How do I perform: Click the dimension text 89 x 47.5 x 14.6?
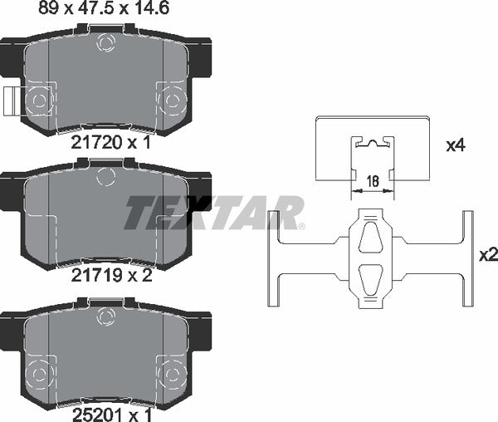click(x=104, y=8)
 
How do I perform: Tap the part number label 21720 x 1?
click(x=110, y=143)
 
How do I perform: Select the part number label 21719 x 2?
click(x=111, y=276)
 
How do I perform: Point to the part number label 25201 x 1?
click(x=112, y=415)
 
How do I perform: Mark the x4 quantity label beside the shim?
click(x=456, y=146)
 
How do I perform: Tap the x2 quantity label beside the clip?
click(x=489, y=255)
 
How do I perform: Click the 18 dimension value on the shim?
click(x=373, y=181)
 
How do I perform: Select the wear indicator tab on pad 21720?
click(x=12, y=101)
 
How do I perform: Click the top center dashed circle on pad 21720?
click(x=105, y=42)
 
